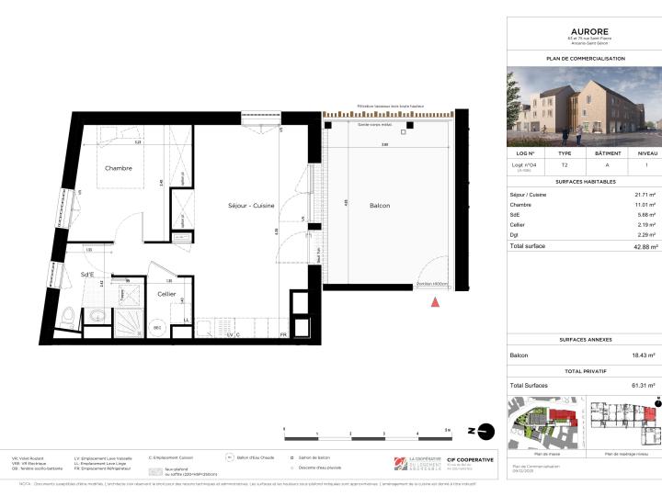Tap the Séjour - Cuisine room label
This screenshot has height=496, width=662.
[x=251, y=206]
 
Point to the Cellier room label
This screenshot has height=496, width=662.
[x=166, y=294]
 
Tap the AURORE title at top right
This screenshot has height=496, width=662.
[x=583, y=29]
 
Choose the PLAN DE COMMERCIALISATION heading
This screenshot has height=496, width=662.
[x=583, y=58]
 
